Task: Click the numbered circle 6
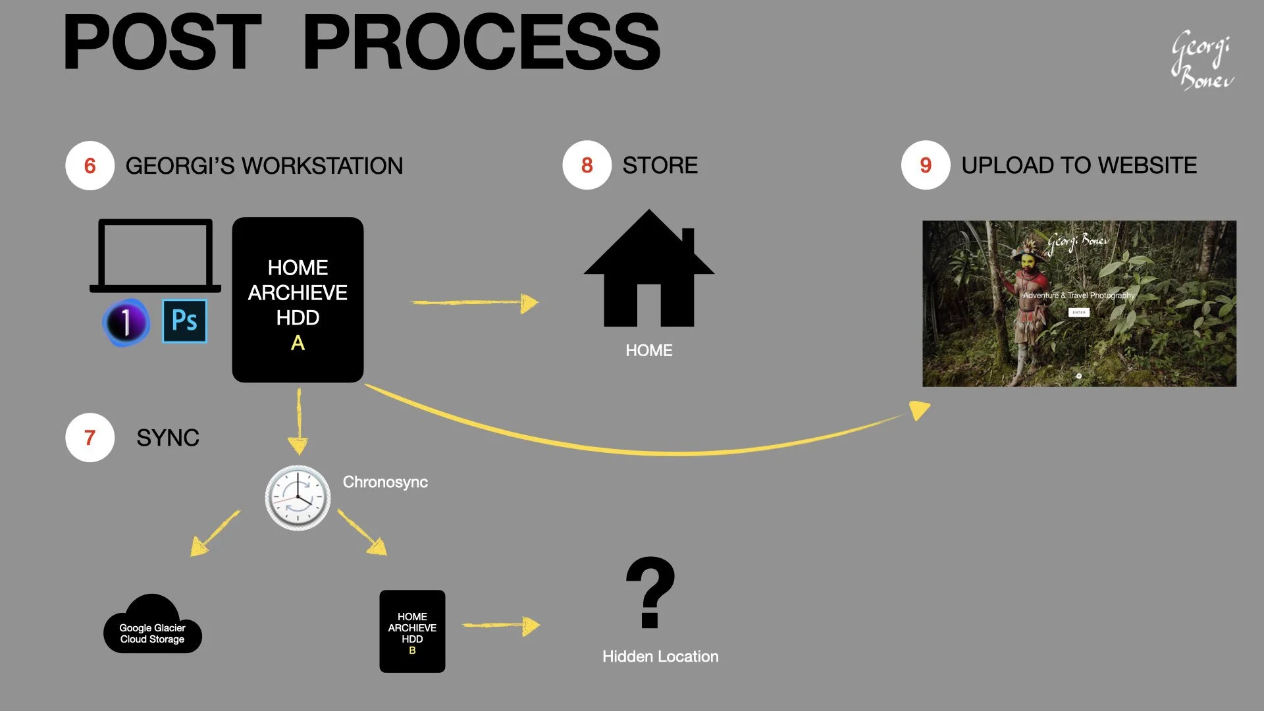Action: pyautogui.click(x=90, y=165)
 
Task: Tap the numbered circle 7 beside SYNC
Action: pyautogui.click(x=90, y=437)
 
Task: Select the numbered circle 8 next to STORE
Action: pyautogui.click(x=587, y=165)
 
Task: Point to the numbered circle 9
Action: pyautogui.click(x=925, y=165)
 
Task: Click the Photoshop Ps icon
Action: pyautogui.click(x=184, y=321)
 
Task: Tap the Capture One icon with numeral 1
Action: pyautogui.click(x=126, y=322)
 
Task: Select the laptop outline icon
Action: pyautogui.click(x=155, y=255)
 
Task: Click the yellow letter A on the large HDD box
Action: pyautogui.click(x=298, y=343)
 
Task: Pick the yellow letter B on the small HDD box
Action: pyautogui.click(x=412, y=650)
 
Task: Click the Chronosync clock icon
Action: pyautogui.click(x=298, y=498)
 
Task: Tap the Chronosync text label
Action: pyautogui.click(x=385, y=482)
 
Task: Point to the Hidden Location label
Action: pyautogui.click(x=660, y=656)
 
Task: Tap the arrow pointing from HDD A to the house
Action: pyautogui.click(x=474, y=303)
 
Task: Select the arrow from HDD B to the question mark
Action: pyautogui.click(x=500, y=625)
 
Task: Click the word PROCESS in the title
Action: pyautogui.click(x=481, y=43)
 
